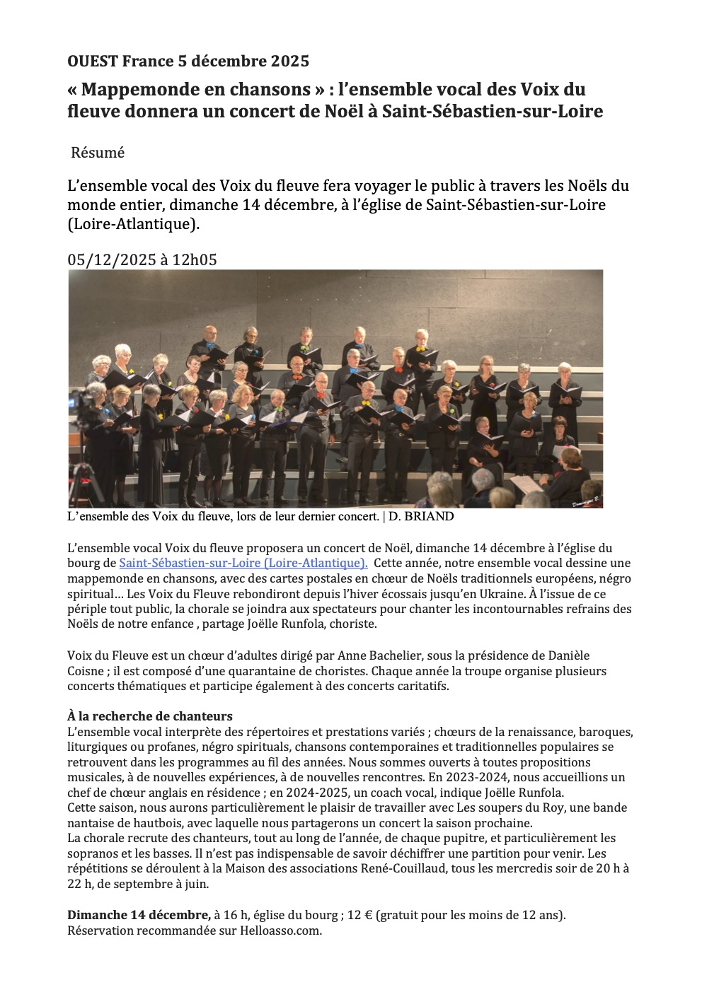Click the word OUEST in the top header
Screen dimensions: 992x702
pos(93,61)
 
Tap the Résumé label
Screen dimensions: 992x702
pos(98,153)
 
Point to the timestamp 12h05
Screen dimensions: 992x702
pos(195,259)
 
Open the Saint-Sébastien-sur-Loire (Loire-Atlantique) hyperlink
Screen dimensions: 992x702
pos(243,563)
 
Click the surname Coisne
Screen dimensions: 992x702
pos(86,671)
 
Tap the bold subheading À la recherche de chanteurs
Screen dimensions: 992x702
pos(150,716)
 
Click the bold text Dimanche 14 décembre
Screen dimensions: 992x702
pos(139,915)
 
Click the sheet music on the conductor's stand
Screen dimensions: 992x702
pos(526,484)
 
